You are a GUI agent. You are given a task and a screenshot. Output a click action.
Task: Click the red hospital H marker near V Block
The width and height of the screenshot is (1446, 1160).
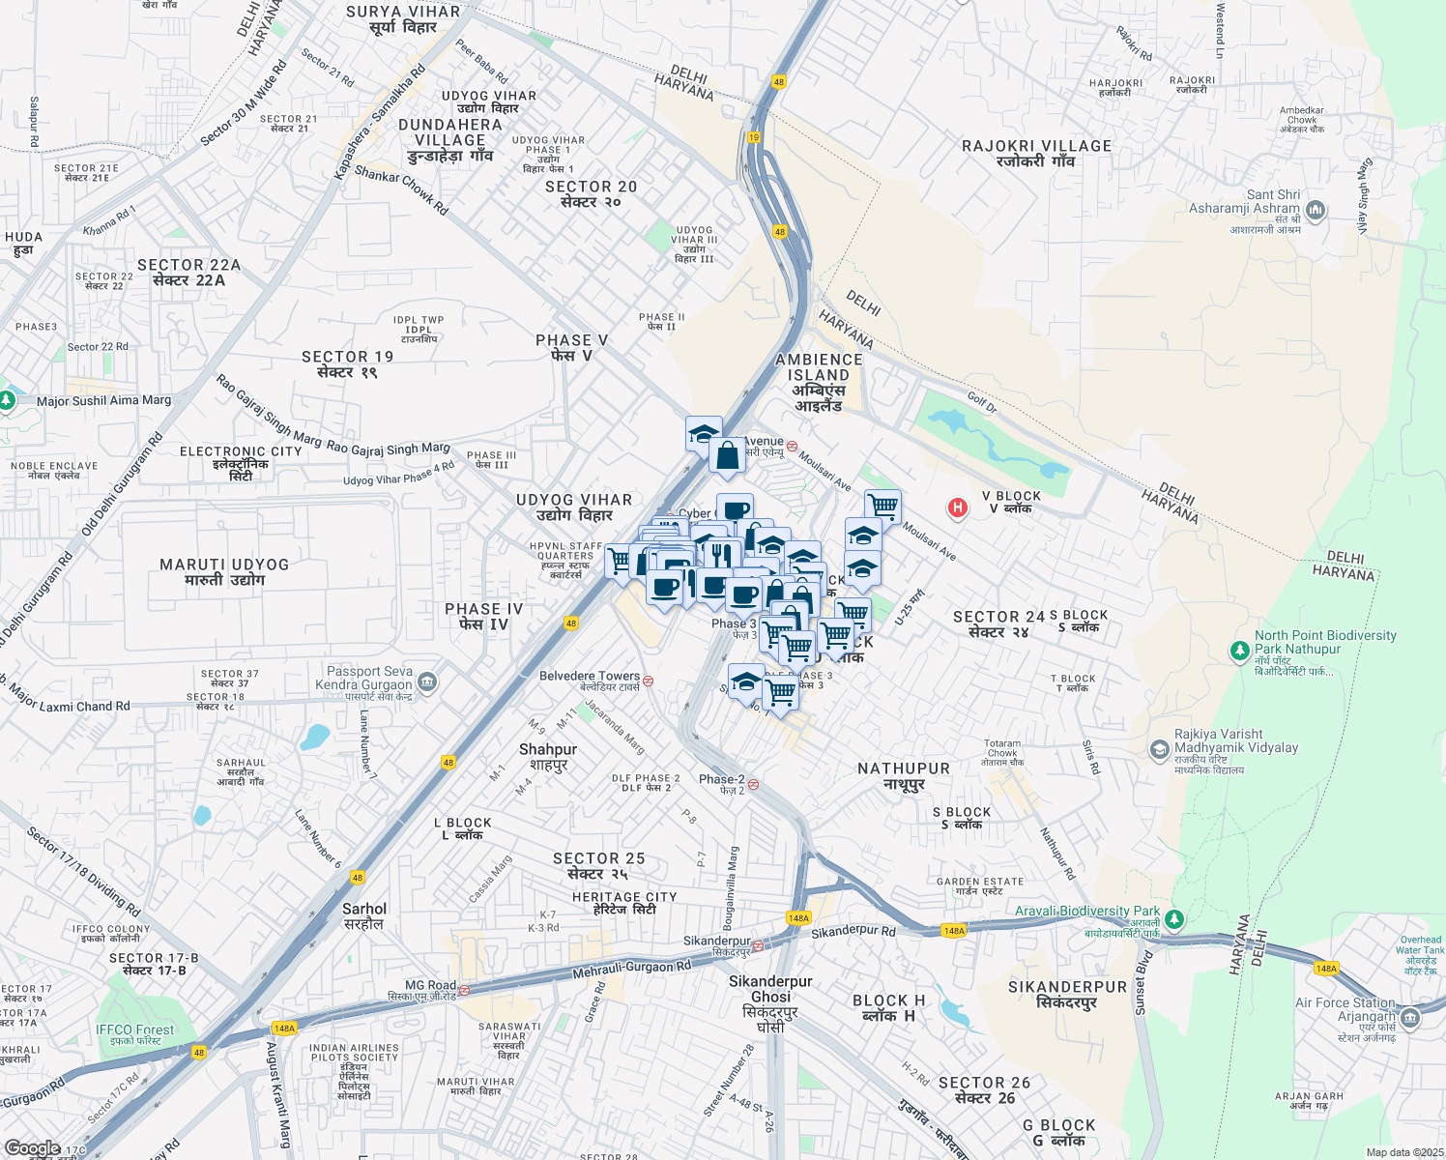pyautogui.click(x=957, y=507)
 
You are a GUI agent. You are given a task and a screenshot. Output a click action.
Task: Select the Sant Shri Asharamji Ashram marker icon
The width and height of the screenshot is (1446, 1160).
pyautogui.click(x=1315, y=210)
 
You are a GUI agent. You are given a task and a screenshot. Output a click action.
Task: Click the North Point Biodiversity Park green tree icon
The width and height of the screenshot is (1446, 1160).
pyautogui.click(x=1239, y=651)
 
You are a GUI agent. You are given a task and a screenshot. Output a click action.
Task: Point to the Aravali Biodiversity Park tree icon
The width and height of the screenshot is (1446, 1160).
pyautogui.click(x=1173, y=918)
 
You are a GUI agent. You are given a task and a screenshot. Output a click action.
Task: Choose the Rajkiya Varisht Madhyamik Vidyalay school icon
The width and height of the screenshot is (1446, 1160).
pyautogui.click(x=1159, y=749)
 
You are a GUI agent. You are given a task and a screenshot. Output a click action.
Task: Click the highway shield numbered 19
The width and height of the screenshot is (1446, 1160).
pyautogui.click(x=754, y=137)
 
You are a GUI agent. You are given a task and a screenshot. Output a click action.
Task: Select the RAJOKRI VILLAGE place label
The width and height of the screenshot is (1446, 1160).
pyautogui.click(x=1036, y=153)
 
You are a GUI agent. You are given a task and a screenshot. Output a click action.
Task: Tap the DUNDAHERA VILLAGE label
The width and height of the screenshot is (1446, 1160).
pyautogui.click(x=449, y=139)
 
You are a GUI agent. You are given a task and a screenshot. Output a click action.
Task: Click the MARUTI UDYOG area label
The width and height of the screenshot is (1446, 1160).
pyautogui.click(x=224, y=571)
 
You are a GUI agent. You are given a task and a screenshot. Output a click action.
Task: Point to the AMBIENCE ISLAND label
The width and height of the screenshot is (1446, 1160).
pyautogui.click(x=819, y=382)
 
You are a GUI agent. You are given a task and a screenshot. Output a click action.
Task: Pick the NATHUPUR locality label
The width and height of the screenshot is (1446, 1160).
pyautogui.click(x=904, y=775)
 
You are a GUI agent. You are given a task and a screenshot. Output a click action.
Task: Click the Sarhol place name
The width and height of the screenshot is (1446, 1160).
pyautogui.click(x=364, y=915)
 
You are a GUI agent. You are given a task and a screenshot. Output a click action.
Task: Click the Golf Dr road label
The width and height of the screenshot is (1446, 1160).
pyautogui.click(x=982, y=401)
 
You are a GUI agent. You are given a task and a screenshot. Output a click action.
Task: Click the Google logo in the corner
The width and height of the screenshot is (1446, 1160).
pyautogui.click(x=33, y=1148)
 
